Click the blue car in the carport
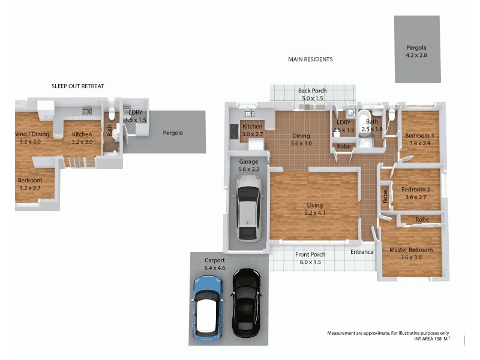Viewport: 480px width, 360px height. point(208,307)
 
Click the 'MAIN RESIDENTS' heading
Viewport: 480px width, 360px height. point(310,59)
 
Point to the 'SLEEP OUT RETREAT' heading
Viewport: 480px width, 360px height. point(77,86)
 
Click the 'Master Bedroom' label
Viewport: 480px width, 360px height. point(411,250)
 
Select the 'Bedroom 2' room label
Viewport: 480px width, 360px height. point(416,190)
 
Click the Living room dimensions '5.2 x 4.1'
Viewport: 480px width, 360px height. point(315,213)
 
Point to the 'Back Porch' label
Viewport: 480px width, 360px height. point(312,91)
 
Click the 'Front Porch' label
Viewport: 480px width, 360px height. point(310,254)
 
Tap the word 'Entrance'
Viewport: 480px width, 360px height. point(362,252)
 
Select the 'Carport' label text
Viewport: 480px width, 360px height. point(214,260)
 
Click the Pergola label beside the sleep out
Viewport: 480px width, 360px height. point(173,133)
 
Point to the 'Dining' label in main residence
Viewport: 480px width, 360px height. point(301,136)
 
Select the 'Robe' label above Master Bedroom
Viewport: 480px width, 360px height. point(422,220)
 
